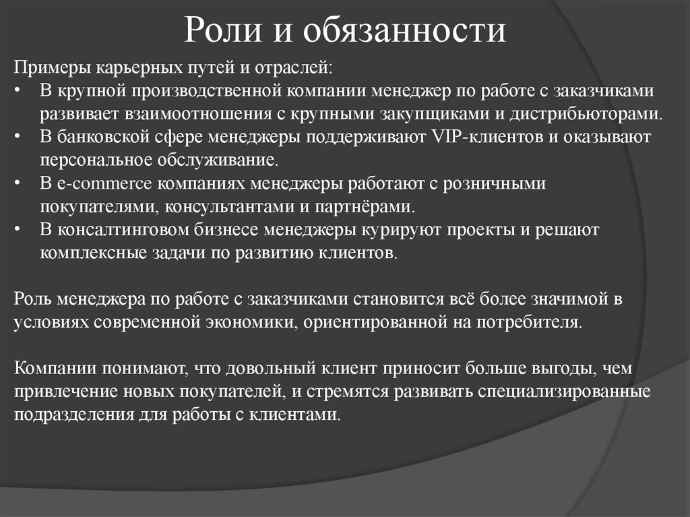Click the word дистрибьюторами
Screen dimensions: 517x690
584,113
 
